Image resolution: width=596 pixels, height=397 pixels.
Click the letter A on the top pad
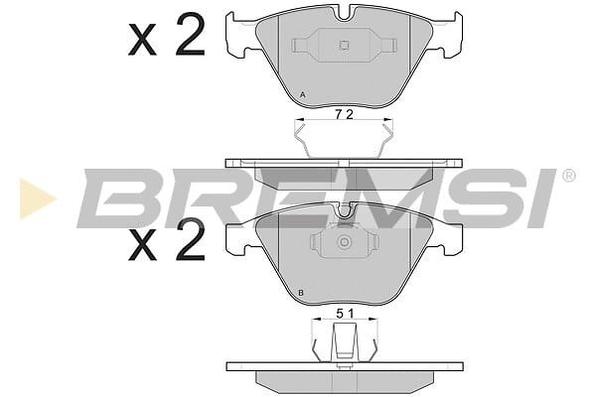click(303, 94)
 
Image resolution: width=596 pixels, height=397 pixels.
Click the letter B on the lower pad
click(301, 293)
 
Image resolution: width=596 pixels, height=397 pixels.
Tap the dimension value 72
click(345, 114)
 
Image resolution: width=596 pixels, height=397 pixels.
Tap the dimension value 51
click(345, 314)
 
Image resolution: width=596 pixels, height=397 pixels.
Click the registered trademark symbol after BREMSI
click(568, 176)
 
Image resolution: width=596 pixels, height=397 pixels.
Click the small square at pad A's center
click(344, 46)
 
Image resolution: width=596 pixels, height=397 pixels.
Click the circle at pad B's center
click(344, 242)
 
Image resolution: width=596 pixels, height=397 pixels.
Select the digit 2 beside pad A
click(191, 34)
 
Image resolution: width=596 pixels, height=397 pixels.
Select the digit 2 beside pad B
click(191, 239)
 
